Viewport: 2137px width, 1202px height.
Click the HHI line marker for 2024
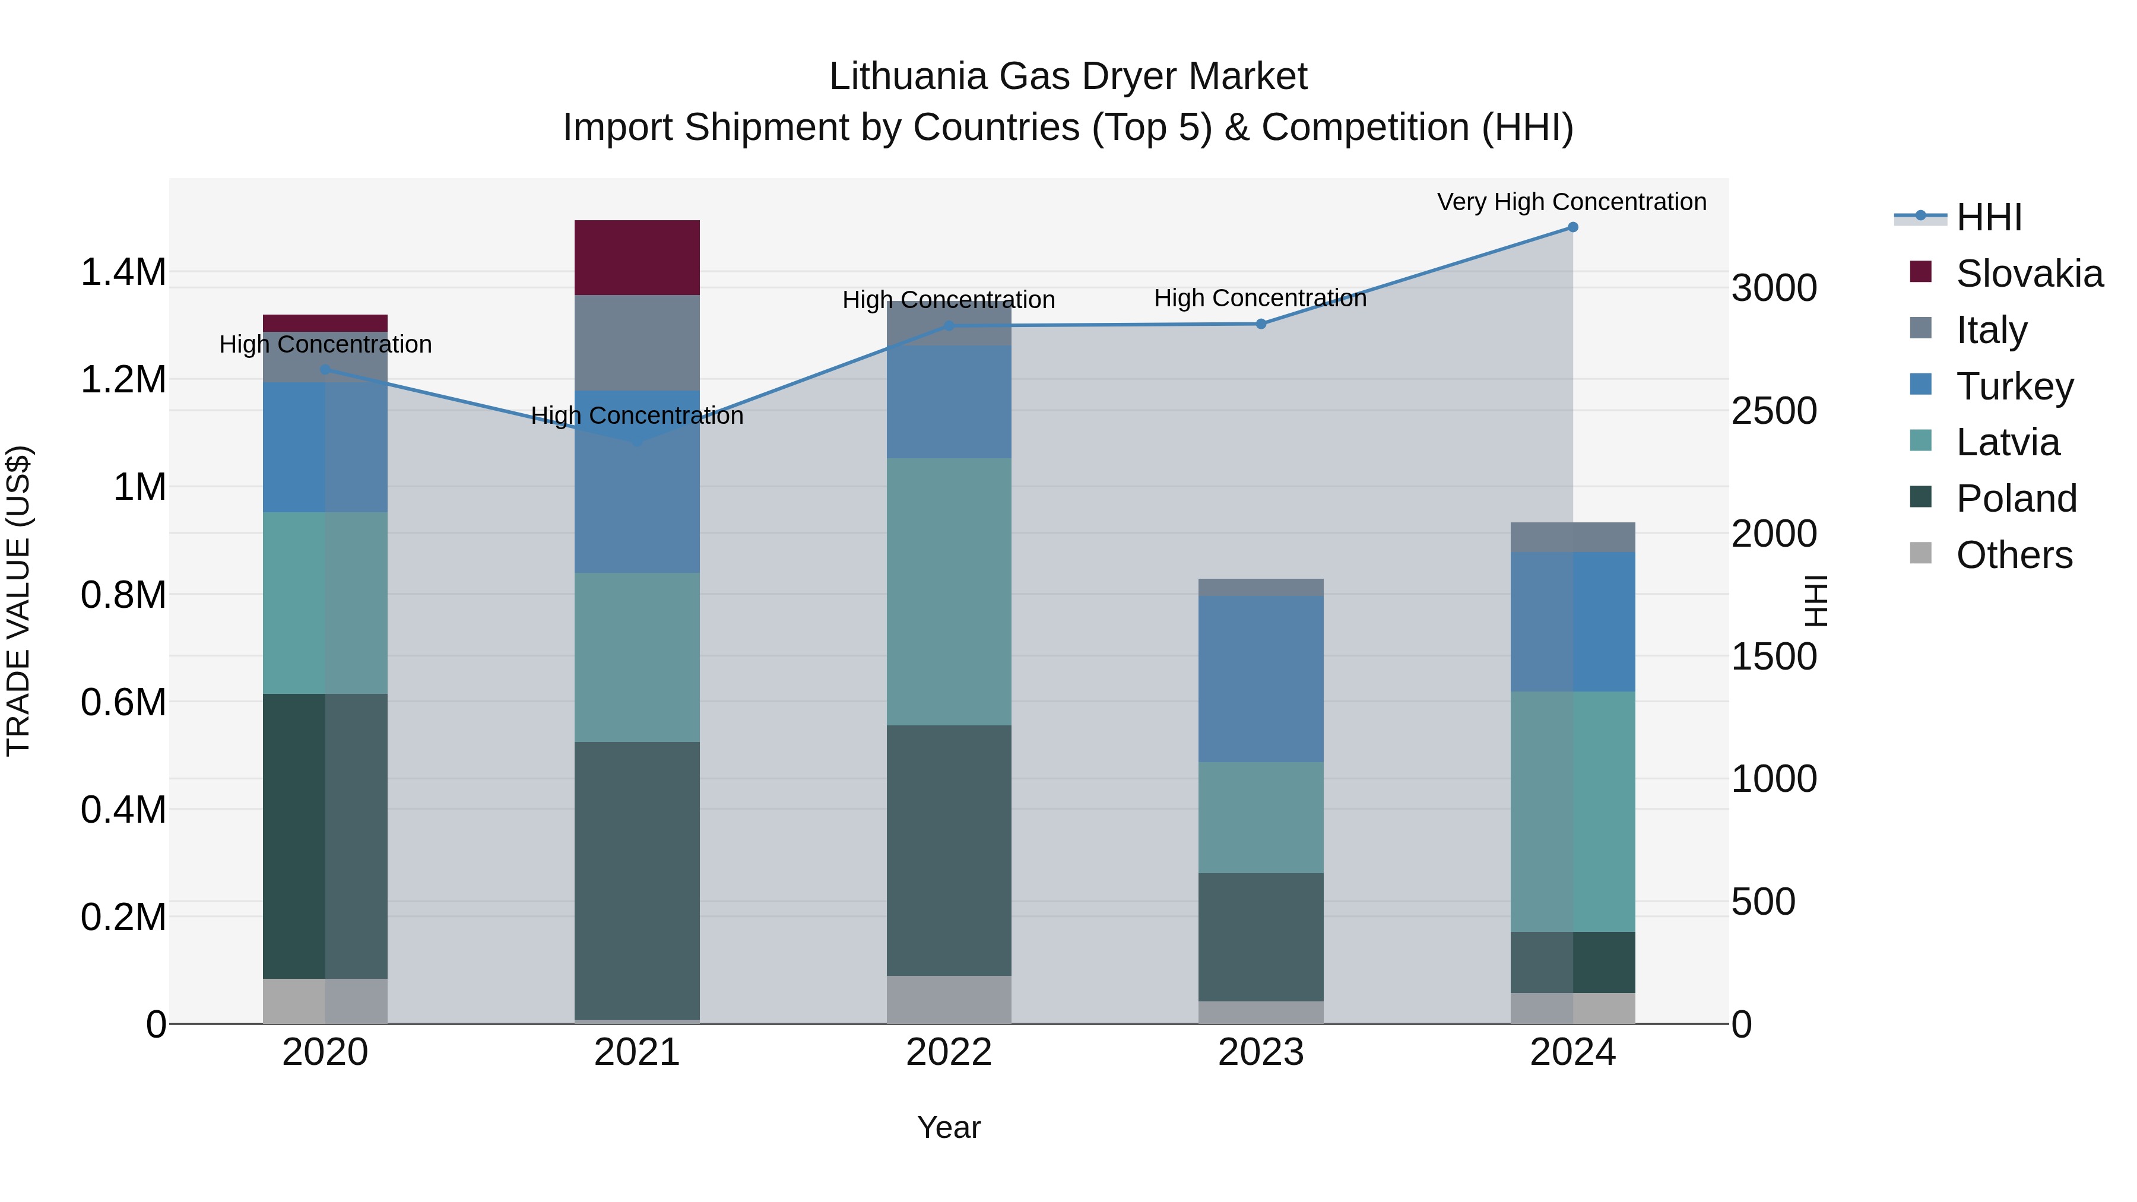(x=1572, y=227)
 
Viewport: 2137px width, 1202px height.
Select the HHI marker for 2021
(x=637, y=442)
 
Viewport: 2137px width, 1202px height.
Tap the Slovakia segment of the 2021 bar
(x=637, y=258)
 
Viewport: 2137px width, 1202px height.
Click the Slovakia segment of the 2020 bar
(x=325, y=324)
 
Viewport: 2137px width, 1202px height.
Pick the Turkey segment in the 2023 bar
(x=1260, y=678)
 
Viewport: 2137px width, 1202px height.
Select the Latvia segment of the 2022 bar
(x=949, y=591)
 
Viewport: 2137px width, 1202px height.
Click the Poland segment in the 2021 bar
(x=637, y=880)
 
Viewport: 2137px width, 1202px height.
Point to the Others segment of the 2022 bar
(x=949, y=999)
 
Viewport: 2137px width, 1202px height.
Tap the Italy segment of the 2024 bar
(x=1572, y=538)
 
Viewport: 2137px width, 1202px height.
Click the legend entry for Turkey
(x=2014, y=386)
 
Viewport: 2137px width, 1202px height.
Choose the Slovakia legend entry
(x=2029, y=274)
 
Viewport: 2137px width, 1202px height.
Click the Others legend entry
(x=2014, y=555)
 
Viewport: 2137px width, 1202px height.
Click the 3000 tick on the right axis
(x=1774, y=288)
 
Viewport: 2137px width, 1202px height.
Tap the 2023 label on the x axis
(x=1260, y=1052)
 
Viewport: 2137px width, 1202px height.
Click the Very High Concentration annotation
(x=1571, y=202)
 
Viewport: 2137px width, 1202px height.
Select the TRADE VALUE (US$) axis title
(x=18, y=601)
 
